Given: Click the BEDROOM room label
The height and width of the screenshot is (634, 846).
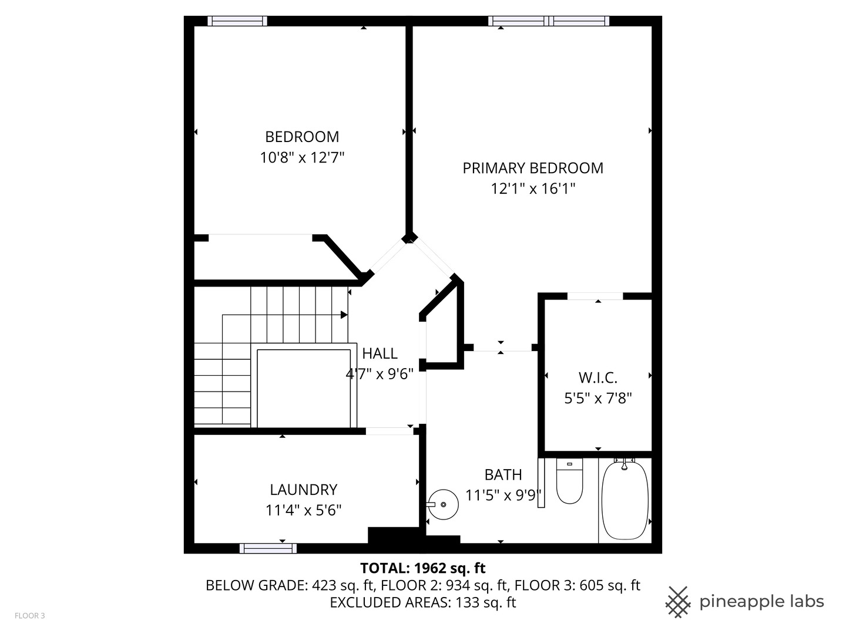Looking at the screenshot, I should point(302,137).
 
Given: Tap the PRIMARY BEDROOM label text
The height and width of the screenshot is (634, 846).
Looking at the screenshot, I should point(533,168).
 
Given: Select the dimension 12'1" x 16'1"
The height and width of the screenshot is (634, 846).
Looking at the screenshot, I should point(533,189).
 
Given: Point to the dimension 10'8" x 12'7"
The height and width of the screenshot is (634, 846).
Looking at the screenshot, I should point(302,158).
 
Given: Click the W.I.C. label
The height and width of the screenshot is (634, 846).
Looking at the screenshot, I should point(598,377).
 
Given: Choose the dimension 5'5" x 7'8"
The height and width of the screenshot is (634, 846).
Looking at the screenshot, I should point(598,399).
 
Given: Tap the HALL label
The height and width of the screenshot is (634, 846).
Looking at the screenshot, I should point(380,353).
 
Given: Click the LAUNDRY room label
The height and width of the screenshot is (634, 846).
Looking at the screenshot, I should point(303,490).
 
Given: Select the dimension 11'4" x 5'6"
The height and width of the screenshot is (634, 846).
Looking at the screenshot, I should point(303,511).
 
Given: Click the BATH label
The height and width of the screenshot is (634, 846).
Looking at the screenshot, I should point(503,474).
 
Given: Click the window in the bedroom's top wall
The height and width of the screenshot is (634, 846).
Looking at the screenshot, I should point(237,21).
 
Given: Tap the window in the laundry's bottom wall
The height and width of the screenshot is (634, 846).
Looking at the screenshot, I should point(268,548).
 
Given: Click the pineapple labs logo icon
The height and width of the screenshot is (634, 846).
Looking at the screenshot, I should point(677,602).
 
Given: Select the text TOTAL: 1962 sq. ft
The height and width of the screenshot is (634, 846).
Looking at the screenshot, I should point(422,568).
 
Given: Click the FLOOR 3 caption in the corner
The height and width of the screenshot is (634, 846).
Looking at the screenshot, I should point(29,616).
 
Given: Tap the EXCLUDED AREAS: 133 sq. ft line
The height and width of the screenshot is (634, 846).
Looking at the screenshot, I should point(422,602).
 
